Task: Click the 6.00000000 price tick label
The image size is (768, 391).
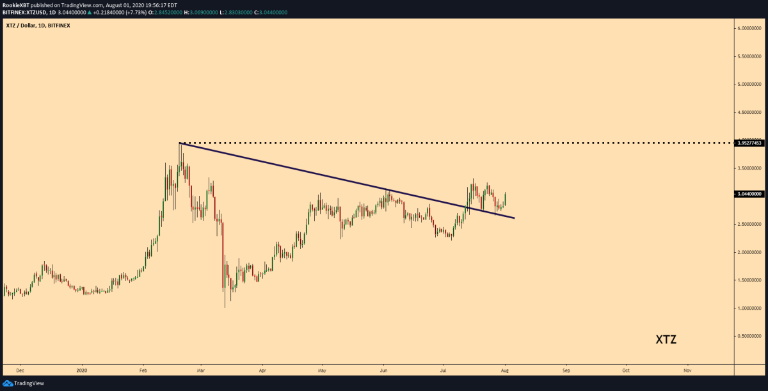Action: pyautogui.click(x=748, y=28)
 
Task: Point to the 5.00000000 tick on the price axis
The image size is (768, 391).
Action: pyautogui.click(x=748, y=84)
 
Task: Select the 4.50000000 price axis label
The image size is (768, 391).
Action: pyautogui.click(x=748, y=112)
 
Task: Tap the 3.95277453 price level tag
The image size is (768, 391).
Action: pyautogui.click(x=749, y=143)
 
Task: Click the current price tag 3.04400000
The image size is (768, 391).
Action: pyautogui.click(x=749, y=194)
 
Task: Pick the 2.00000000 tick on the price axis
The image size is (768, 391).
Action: pyautogui.click(x=748, y=252)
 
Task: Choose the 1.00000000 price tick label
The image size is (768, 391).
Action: pyautogui.click(x=748, y=308)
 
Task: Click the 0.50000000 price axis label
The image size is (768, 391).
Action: pyautogui.click(x=748, y=336)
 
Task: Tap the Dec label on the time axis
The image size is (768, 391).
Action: pyautogui.click(x=20, y=370)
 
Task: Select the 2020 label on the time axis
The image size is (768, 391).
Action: pyautogui.click(x=81, y=370)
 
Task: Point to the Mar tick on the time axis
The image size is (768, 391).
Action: pyautogui.click(x=201, y=370)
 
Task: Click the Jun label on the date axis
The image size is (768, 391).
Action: pyautogui.click(x=383, y=370)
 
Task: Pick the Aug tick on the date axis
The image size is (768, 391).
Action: pyautogui.click(x=504, y=370)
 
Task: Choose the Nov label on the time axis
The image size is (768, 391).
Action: pyautogui.click(x=687, y=370)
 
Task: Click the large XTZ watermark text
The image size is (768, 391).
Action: pyautogui.click(x=666, y=340)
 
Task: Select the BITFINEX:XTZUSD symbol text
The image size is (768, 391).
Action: pyautogui.click(x=24, y=12)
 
